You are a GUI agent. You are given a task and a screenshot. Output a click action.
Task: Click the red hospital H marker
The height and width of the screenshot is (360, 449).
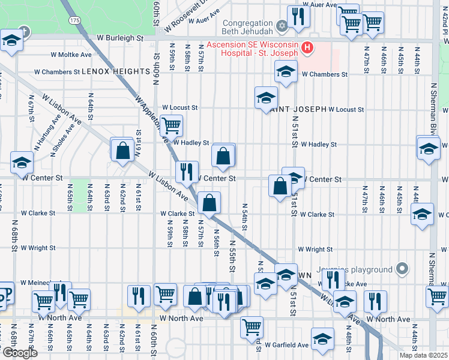(308, 47)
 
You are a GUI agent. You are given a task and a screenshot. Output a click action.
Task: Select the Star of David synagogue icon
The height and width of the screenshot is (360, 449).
(282, 26)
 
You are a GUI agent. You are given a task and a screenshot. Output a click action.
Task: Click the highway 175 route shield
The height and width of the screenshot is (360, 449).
(73, 20)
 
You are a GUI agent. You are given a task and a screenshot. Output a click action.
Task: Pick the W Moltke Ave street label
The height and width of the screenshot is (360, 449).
(71, 54)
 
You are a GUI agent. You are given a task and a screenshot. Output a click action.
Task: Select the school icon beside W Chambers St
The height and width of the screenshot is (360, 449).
(286, 73)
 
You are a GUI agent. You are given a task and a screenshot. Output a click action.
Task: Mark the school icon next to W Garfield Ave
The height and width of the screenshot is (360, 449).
(322, 340)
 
